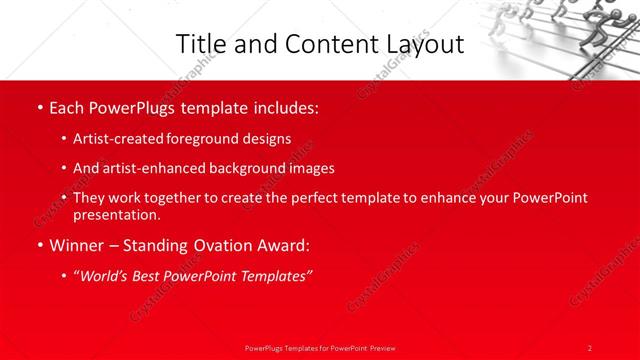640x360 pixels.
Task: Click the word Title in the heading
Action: [x=200, y=44]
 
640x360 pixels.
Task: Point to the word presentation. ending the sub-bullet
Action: [x=116, y=214]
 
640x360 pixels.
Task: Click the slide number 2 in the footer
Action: [x=590, y=347]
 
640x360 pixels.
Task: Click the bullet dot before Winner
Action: [x=39, y=245]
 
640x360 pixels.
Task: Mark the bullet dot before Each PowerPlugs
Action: [x=39, y=108]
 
